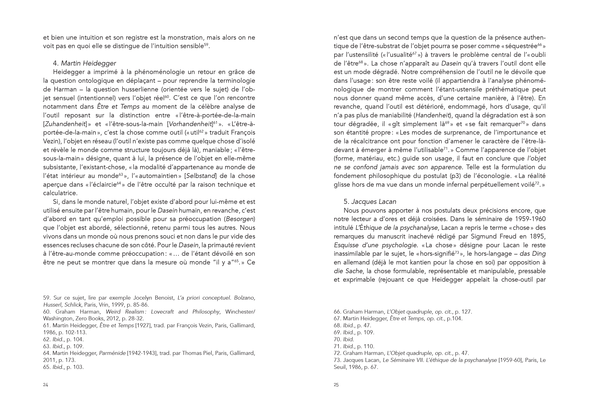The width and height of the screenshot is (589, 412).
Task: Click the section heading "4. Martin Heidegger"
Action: [84, 63]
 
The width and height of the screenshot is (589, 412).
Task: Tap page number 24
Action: [45, 385]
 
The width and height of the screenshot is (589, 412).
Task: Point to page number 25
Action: [336, 385]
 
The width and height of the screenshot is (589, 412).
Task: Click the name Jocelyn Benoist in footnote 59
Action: [154, 298]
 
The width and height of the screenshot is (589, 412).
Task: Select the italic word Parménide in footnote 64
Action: [112, 353]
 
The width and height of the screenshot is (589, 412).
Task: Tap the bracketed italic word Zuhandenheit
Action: [65, 124]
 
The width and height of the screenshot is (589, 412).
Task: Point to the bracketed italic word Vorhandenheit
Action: [190, 124]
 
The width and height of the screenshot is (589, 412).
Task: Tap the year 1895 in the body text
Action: [538, 236]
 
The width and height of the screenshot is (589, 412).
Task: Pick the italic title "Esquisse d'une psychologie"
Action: [375, 245]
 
